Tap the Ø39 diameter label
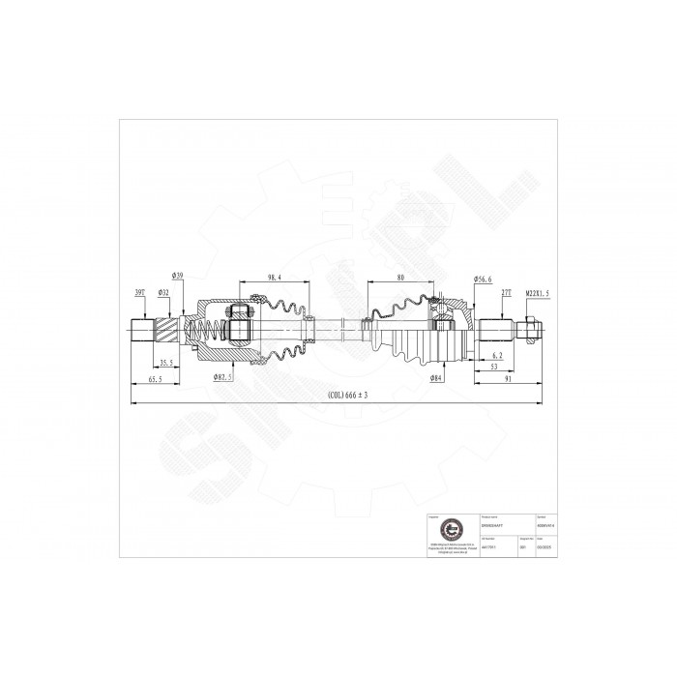point(180,276)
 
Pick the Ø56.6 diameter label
point(484,280)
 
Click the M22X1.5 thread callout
point(538,291)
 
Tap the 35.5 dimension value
point(167,363)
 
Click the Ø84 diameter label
point(437,379)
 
